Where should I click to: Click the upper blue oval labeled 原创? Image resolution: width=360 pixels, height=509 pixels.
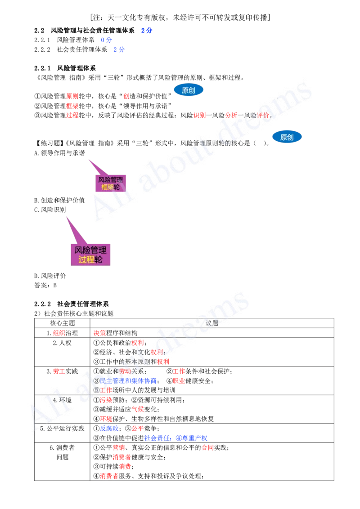coord(189,90)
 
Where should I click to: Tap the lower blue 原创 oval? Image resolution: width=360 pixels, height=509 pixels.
coord(287,137)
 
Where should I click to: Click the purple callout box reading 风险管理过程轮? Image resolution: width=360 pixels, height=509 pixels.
coord(90,254)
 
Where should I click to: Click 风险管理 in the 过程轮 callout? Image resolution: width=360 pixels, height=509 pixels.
coord(90,250)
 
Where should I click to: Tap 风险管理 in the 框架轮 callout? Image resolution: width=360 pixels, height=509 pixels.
coord(111,179)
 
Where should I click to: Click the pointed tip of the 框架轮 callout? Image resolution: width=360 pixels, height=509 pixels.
coord(88,159)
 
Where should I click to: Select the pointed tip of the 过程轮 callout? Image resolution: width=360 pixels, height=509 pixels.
coord(66,217)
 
